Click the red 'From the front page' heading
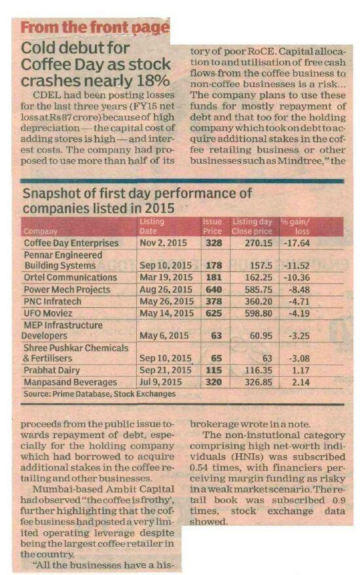95,28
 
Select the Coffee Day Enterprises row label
71,243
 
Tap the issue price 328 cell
214,243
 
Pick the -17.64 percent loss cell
297,243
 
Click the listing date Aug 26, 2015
166,289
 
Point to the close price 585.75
259,289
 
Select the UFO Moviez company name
48,314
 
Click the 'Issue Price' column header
212,227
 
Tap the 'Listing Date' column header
152,227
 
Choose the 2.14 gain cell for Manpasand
300,382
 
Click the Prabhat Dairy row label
52,371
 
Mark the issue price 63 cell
217,336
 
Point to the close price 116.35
259,371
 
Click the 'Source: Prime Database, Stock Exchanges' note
99,394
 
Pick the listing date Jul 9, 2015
160,382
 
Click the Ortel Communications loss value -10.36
297,278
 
